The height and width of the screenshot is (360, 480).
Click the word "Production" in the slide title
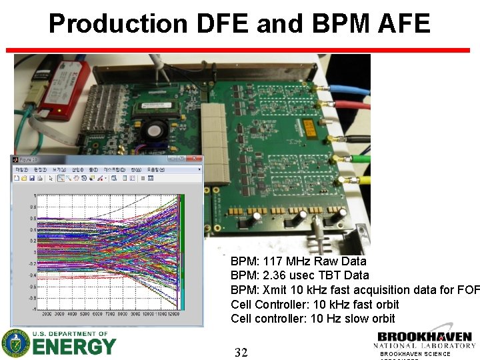point(119,24)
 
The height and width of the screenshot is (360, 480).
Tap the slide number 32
point(241,353)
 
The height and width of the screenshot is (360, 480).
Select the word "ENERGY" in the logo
point(75,347)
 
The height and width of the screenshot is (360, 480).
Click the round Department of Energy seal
point(16,343)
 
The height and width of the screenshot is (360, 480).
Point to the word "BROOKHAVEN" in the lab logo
point(425,337)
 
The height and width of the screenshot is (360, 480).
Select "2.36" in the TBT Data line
point(274,275)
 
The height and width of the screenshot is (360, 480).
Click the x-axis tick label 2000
point(47,313)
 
